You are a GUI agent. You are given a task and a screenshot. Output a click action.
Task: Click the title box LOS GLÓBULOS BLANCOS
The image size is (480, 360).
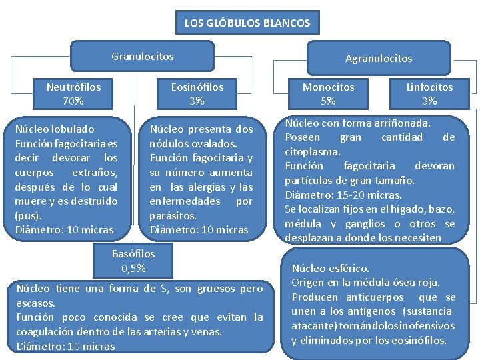click(247, 23)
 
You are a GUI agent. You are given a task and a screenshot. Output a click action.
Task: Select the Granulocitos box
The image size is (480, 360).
click(142, 57)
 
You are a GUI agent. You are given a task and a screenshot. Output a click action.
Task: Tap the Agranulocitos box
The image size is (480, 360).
click(378, 59)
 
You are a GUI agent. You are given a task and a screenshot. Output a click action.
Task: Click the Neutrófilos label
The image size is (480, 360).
click(74, 87)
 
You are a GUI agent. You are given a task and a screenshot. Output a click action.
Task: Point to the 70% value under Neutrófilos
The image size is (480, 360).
click(74, 101)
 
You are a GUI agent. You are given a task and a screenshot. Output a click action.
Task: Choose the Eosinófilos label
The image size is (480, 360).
click(197, 87)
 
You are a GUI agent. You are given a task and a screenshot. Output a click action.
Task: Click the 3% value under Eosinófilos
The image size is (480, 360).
click(197, 101)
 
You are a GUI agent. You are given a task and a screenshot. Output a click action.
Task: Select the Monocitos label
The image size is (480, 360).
click(328, 87)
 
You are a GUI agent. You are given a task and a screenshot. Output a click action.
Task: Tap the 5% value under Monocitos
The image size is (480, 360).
click(328, 101)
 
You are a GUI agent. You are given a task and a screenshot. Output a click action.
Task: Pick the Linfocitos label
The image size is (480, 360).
click(429, 87)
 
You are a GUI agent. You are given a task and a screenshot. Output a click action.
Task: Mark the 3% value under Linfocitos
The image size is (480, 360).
click(429, 101)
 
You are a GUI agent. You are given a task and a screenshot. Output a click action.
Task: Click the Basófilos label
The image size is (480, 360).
click(133, 253)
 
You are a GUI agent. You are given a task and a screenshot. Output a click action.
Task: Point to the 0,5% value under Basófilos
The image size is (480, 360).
click(133, 269)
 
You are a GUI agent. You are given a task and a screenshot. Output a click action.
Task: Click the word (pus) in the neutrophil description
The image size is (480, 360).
click(28, 216)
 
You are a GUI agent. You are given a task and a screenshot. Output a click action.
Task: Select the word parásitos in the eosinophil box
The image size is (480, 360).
click(173, 216)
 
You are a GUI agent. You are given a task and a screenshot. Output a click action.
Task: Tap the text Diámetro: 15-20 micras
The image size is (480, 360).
click(343, 195)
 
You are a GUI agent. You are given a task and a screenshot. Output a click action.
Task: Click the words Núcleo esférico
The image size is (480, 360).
click(330, 268)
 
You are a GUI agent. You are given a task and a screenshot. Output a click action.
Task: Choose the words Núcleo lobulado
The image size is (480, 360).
click(55, 129)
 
